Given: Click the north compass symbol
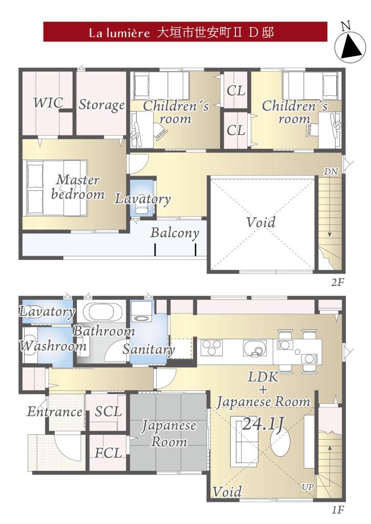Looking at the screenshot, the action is pos(350,43).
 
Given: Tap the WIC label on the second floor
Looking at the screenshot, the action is pos(48,102).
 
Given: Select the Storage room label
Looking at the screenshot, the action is pos(102,105).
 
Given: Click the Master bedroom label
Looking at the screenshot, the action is pos(78,187).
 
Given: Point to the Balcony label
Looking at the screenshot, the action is pos(174,233).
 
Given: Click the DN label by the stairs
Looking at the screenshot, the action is pos(331,171).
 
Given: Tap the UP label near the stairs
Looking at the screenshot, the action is pos(308,487).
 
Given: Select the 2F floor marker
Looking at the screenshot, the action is pos(338,282).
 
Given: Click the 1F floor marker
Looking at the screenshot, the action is pos(338,510).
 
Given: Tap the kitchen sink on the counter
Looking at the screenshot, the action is pos(255,348).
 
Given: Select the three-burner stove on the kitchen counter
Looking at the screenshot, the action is pos(211,347).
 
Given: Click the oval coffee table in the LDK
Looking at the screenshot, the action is pos(280,442).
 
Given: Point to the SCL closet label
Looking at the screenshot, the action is pos(108,411).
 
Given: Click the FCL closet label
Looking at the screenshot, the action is pos(107,453).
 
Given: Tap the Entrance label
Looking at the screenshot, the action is pos(55,411).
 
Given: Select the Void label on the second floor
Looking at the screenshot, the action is pos(260,222).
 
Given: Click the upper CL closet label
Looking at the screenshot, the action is pos(235,91).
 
